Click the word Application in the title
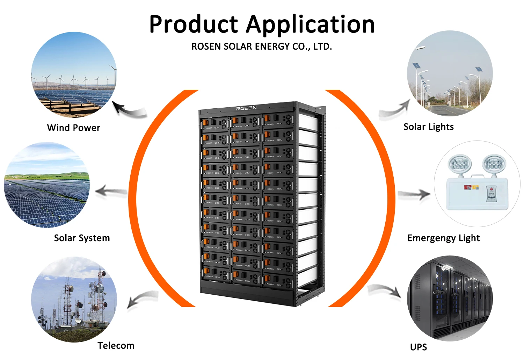tap(311, 25)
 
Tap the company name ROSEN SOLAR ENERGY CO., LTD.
tap(262, 46)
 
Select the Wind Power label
tap(74, 128)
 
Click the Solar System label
tap(82, 238)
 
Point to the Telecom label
tap(116, 346)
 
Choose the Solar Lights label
tap(429, 127)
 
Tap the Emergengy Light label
tap(443, 238)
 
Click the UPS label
tap(419, 347)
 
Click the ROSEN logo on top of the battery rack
tap(246, 108)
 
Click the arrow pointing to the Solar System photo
tap(111, 192)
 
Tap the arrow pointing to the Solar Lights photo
tap(395, 110)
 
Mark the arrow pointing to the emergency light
tap(414, 194)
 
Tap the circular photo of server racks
tap(450, 298)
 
